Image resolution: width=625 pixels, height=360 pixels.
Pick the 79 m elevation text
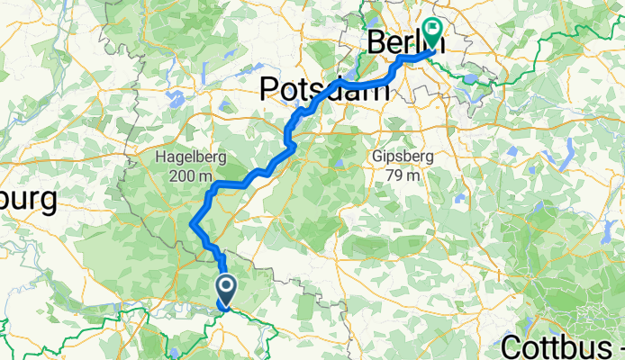click(403, 175)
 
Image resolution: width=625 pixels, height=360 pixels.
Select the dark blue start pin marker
click(225, 290)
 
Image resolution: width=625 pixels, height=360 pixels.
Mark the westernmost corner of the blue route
click(192, 225)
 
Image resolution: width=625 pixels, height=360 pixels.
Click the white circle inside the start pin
click(225, 287)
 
